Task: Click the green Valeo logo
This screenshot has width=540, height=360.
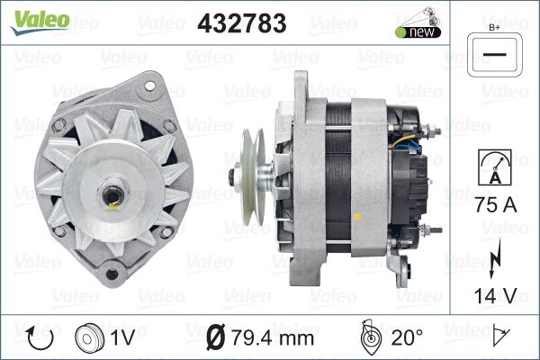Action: point(40,22)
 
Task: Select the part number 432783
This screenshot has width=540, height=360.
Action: point(242,23)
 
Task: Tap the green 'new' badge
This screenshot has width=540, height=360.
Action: point(418,32)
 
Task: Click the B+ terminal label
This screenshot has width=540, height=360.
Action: point(494,28)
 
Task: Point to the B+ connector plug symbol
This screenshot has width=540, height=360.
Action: point(494,55)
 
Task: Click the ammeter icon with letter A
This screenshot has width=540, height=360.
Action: point(495,167)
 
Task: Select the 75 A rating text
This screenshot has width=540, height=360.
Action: point(496,204)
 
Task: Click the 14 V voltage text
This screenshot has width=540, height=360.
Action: point(495,295)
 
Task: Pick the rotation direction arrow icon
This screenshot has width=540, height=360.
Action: point(40,337)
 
